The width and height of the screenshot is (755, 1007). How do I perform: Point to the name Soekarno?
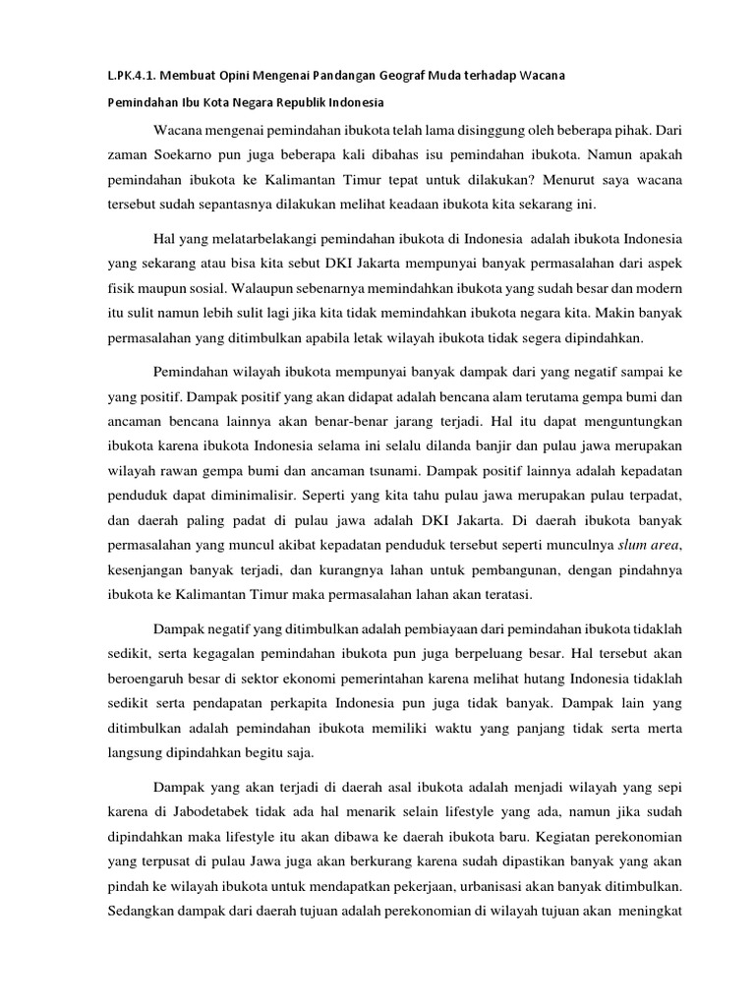click(x=169, y=154)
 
